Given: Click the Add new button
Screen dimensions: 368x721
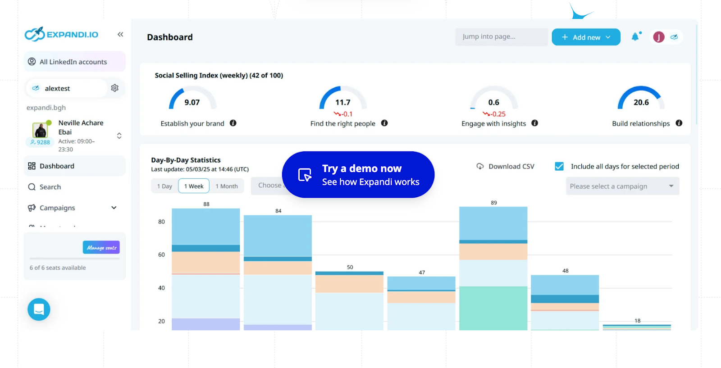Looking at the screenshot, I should click(x=586, y=37).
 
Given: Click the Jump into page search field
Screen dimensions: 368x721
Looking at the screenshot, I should click(x=501, y=37).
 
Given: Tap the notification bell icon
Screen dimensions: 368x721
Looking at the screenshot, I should click(x=635, y=37).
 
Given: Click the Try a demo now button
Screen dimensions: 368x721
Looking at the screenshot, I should click(x=358, y=175).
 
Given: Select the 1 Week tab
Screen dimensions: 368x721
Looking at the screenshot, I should click(x=194, y=186).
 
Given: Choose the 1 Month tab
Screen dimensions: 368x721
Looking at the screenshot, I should click(x=227, y=186).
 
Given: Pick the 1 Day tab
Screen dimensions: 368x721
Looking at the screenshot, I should click(x=164, y=186).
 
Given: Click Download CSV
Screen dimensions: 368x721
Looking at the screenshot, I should click(x=506, y=167).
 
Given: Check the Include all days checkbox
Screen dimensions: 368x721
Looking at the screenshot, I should click(x=559, y=166).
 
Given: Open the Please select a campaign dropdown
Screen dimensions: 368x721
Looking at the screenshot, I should click(x=622, y=186).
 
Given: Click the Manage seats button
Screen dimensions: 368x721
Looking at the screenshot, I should click(x=101, y=247).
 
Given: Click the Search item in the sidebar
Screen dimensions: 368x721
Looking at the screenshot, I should click(x=50, y=187).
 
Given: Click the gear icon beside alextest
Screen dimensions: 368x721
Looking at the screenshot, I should click(x=115, y=88).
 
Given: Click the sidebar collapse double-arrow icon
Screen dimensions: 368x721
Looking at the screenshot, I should click(x=120, y=35).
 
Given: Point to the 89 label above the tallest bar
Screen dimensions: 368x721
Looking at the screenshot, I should click(x=494, y=203).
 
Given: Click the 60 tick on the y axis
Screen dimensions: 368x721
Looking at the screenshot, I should click(x=161, y=255).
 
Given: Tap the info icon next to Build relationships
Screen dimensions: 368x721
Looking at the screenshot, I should click(x=679, y=123).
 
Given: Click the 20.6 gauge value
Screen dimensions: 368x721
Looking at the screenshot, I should click(x=641, y=102).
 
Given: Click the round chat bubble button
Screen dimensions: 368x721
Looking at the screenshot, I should click(x=39, y=309).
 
